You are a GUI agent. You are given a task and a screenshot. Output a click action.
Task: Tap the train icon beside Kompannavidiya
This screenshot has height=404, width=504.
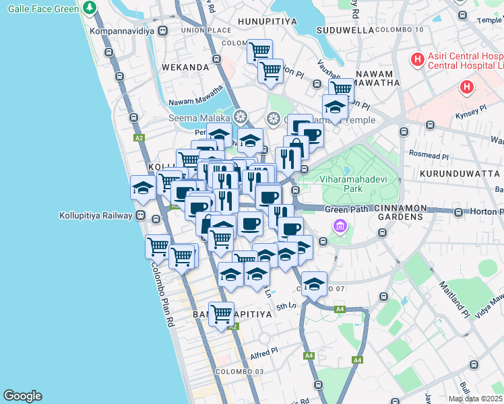click(x=163, y=31)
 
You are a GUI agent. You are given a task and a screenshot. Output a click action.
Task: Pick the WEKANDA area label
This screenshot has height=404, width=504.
click(x=185, y=67)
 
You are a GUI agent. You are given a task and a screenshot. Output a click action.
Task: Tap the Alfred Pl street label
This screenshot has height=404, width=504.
click(x=264, y=351)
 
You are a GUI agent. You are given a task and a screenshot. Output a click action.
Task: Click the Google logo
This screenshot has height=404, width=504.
click(x=22, y=396)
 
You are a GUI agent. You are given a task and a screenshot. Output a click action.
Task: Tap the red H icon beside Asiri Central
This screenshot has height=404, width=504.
click(x=418, y=61)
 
